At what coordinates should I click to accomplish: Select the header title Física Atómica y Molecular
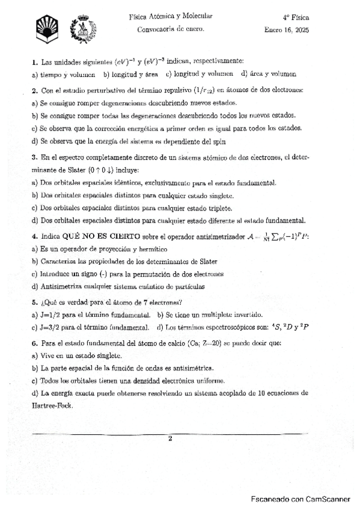[170, 17]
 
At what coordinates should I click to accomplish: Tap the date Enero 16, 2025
[286, 29]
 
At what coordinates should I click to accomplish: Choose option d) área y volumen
[269, 74]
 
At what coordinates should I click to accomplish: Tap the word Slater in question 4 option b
[206, 262]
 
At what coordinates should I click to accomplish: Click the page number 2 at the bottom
[170, 438]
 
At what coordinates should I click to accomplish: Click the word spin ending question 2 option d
[188, 141]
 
